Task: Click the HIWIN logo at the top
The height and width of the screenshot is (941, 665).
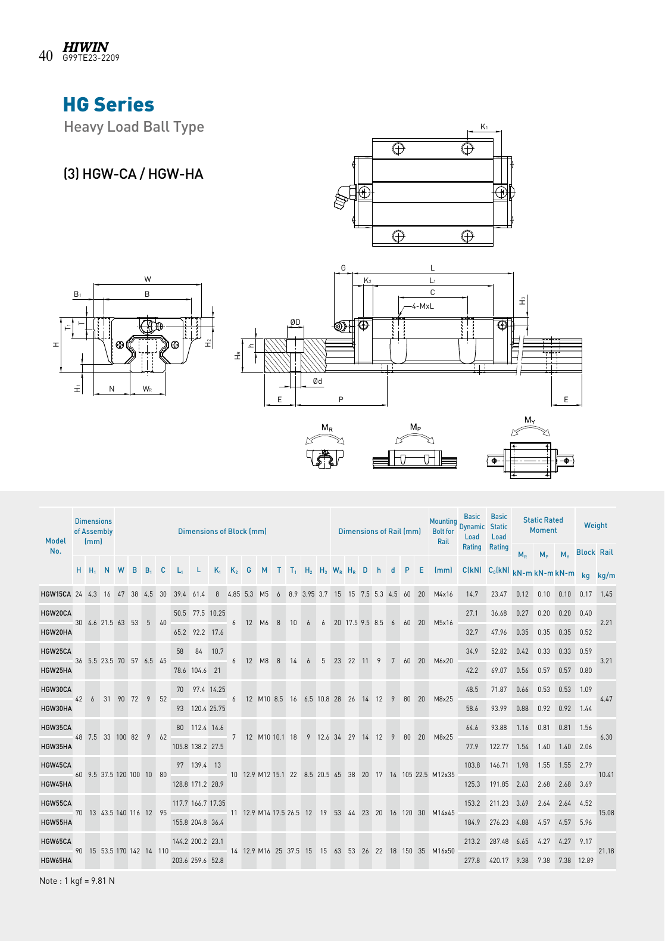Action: pyautogui.click(x=86, y=46)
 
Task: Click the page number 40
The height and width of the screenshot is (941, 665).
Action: pyautogui.click(x=46, y=56)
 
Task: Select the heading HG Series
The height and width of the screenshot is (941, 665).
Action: pyautogui.click(x=109, y=105)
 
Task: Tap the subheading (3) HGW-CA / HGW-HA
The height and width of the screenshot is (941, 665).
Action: pyautogui.click(x=133, y=174)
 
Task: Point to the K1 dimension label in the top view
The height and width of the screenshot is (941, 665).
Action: pyautogui.click(x=484, y=126)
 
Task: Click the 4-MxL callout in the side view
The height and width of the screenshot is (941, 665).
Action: pyautogui.click(x=423, y=306)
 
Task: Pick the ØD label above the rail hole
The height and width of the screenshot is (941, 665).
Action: pyautogui.click(x=295, y=322)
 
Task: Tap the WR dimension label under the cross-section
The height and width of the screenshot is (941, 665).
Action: pyautogui.click(x=147, y=389)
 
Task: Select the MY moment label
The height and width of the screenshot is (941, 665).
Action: pyautogui.click(x=530, y=420)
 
